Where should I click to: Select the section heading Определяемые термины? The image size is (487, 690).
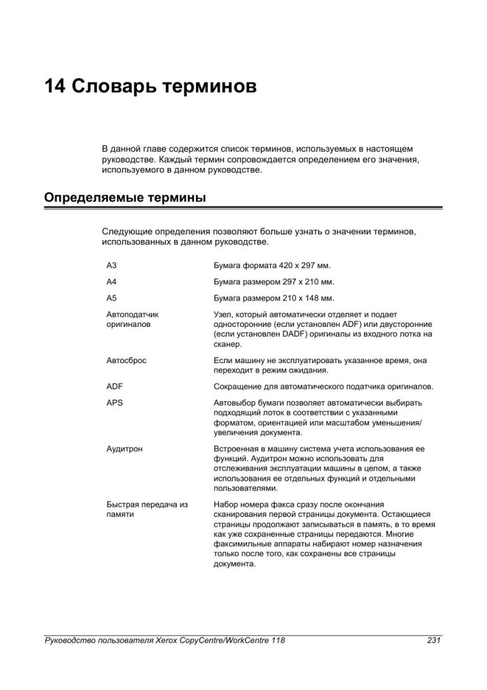(x=125, y=198)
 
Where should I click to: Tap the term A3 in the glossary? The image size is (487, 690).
(x=112, y=266)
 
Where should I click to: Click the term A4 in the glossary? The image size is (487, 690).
(x=112, y=282)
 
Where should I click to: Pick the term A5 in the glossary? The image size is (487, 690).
(x=112, y=298)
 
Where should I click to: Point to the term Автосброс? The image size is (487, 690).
(x=127, y=361)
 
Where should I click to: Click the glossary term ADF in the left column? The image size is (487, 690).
(x=115, y=386)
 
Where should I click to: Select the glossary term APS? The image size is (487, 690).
(x=115, y=402)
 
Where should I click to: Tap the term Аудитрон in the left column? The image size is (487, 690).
(x=125, y=449)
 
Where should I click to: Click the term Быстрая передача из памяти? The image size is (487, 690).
(x=147, y=509)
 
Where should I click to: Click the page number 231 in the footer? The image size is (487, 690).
(x=435, y=640)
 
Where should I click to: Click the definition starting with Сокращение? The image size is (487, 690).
(x=323, y=386)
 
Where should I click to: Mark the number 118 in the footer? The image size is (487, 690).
(x=278, y=640)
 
